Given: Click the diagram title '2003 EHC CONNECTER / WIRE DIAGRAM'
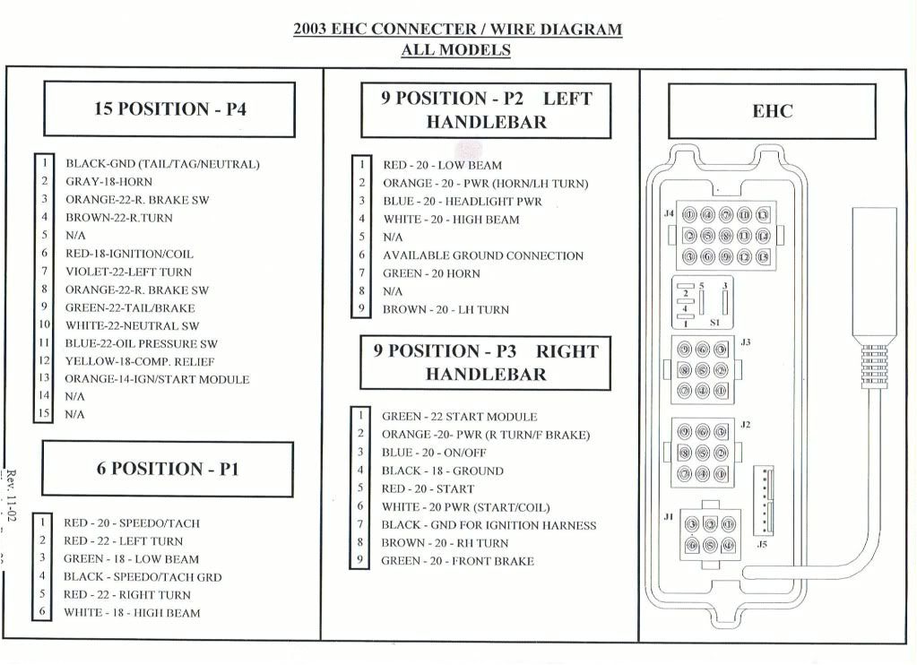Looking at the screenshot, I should click(457, 29).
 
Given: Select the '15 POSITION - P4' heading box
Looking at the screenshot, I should click(169, 109).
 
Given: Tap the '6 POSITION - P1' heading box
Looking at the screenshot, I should click(168, 469).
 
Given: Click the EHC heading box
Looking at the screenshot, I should click(772, 111).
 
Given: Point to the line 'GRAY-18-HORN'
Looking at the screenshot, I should click(108, 182).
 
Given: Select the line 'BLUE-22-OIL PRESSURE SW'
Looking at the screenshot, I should click(141, 343).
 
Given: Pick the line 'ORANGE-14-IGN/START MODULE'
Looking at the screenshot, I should click(157, 379).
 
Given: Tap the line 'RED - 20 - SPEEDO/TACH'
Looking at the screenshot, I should click(131, 523).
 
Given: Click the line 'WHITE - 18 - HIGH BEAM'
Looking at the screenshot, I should click(131, 613).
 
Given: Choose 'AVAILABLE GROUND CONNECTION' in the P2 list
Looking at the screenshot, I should click(482, 255).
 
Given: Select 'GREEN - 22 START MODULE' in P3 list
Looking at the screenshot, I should click(459, 417).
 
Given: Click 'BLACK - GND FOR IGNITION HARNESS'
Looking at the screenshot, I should click(489, 525).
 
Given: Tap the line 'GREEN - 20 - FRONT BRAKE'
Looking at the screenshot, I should click(457, 561).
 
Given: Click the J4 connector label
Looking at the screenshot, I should click(668, 214).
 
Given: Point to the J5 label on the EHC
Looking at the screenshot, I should click(762, 543).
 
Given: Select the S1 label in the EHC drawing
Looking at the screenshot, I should click(714, 321).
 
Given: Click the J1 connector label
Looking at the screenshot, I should click(668, 516).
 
